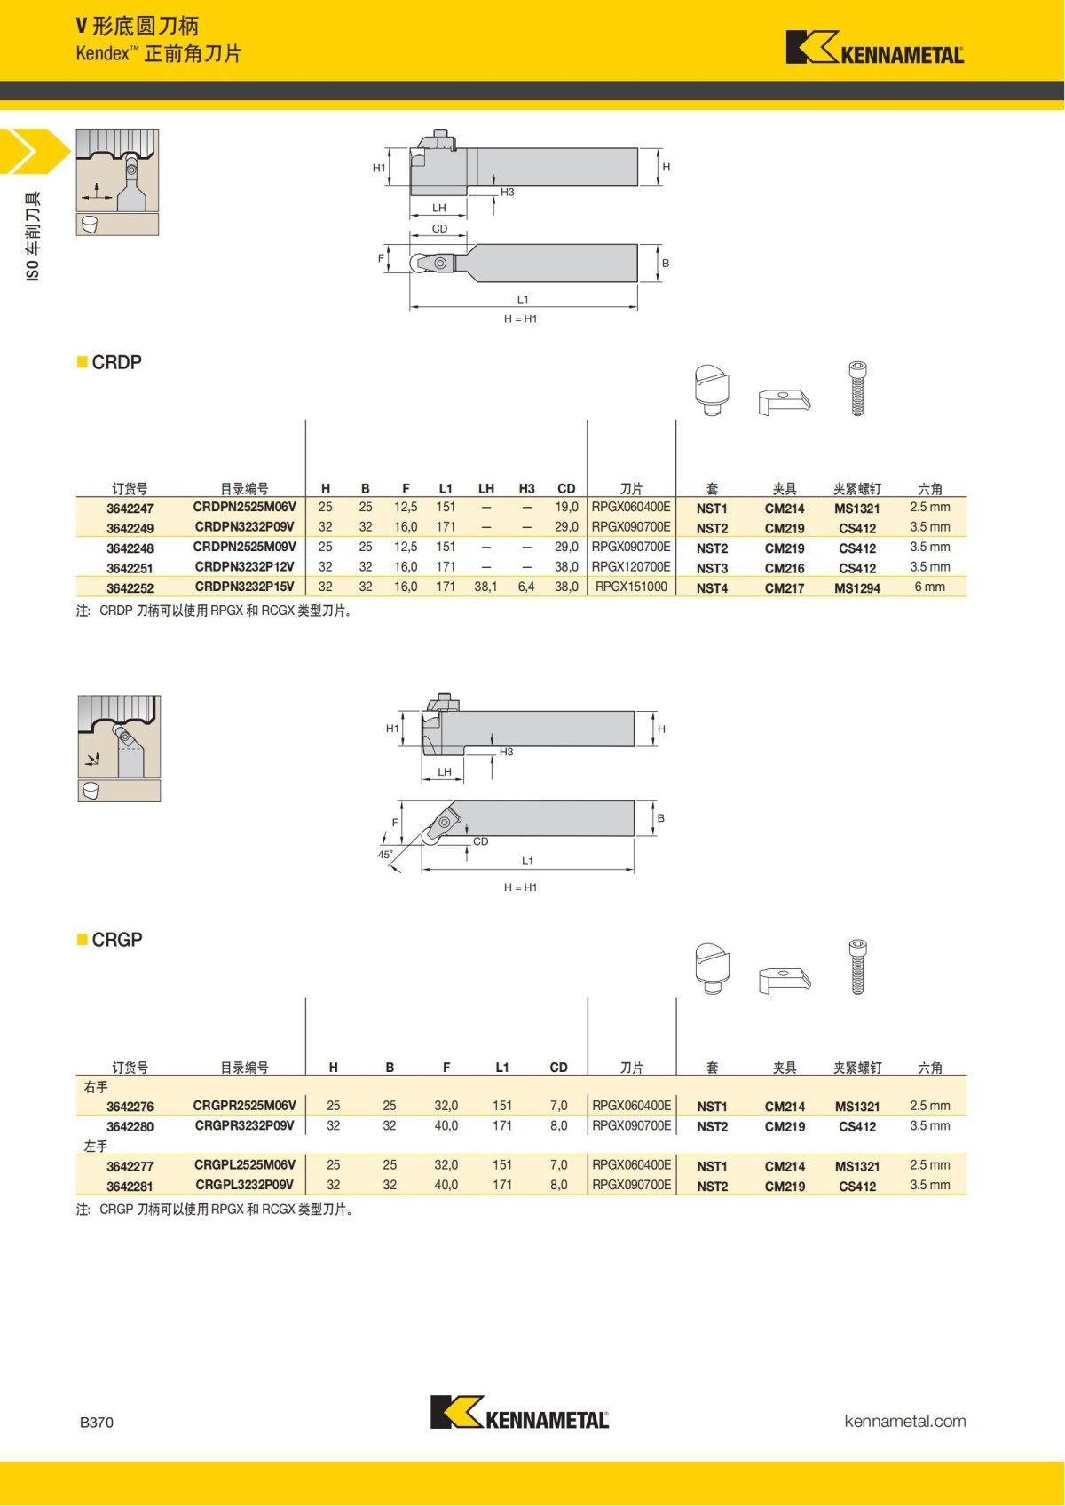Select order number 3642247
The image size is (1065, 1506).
[x=130, y=509]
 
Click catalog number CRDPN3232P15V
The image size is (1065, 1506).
[x=244, y=587]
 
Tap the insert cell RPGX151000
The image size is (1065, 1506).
[x=631, y=587]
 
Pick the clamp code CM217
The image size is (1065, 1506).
[x=785, y=588]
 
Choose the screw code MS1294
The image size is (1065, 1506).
[x=856, y=588]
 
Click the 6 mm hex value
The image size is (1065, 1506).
[x=929, y=587]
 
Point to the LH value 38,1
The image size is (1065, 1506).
[x=485, y=587]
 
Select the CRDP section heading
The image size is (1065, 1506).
[x=116, y=362]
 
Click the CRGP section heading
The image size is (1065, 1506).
[x=116, y=940]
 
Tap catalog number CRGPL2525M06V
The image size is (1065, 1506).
[x=244, y=1164]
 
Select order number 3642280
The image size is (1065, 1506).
[x=130, y=1127]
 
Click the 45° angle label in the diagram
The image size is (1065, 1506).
[x=385, y=855]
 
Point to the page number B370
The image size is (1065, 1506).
[x=97, y=1422]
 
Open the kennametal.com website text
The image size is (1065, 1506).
[x=904, y=1421]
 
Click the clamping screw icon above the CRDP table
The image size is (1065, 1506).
[x=857, y=389]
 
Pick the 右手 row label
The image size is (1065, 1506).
[x=96, y=1087]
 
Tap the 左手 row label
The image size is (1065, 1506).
[x=96, y=1147]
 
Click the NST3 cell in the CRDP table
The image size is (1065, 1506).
[x=712, y=568]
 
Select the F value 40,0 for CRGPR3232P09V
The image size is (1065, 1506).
[x=446, y=1125]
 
